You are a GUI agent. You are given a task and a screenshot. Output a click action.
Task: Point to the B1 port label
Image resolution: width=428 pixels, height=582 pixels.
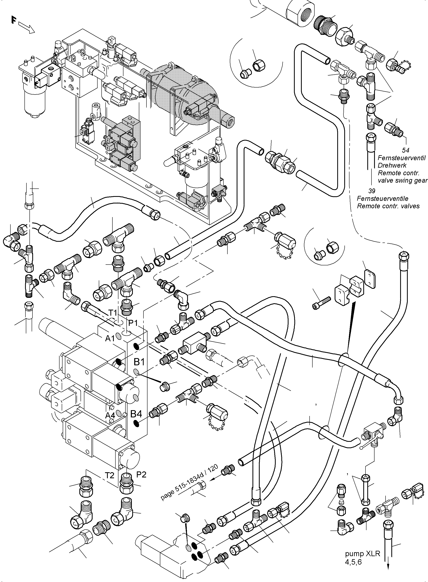pyautogui.click(x=139, y=362)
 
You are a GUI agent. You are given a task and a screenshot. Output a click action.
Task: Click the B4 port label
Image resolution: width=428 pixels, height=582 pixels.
pyautogui.click(x=136, y=414)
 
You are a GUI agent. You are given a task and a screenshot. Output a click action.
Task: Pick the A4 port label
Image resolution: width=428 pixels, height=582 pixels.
pyautogui.click(x=110, y=416)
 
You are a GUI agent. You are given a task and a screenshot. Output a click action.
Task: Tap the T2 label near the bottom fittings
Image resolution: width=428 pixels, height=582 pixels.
pyautogui.click(x=110, y=475)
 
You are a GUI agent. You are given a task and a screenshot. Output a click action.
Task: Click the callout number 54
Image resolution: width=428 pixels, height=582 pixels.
pyautogui.click(x=406, y=150)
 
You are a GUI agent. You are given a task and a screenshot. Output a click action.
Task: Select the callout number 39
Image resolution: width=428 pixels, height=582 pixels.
pyautogui.click(x=372, y=191)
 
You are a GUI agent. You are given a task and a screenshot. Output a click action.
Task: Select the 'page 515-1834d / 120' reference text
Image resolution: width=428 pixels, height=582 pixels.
pyautogui.click(x=189, y=483)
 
